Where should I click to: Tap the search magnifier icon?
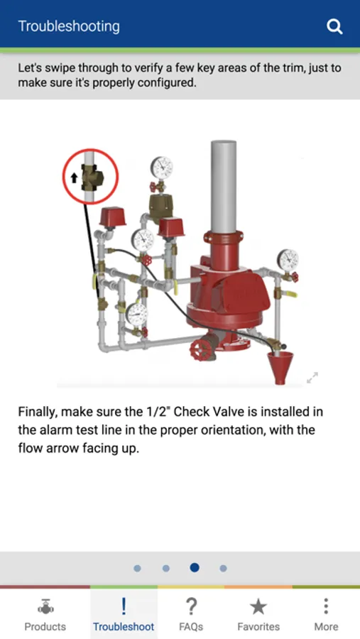coord(334,27)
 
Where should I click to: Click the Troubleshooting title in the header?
coord(69,26)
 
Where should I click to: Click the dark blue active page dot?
coord(195,567)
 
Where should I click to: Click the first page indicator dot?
coord(137,568)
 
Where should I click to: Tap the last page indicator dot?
coord(223,568)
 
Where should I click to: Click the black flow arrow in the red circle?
coord(75,177)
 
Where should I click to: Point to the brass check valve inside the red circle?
coord(92,177)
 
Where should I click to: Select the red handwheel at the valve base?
coord(203,350)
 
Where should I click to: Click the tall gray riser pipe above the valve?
coord(224,187)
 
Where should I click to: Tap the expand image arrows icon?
coord(312,378)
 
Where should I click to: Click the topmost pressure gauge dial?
coord(161,168)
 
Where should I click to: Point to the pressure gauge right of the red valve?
coord(288,260)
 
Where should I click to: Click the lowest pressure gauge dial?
coord(136,314)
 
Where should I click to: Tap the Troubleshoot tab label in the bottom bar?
coord(124,626)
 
